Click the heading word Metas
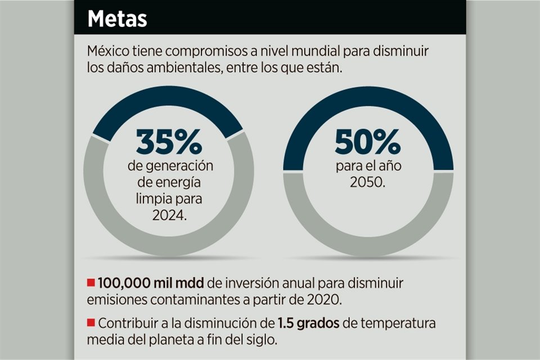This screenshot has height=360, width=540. [x=117, y=19]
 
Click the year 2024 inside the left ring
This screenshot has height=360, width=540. [x=168, y=215]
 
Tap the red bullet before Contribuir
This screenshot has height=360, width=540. [x=91, y=323]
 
